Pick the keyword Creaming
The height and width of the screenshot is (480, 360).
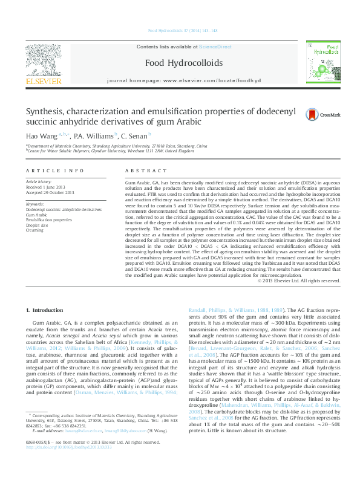[34, 230]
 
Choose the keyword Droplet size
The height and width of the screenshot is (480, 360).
[38, 225]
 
